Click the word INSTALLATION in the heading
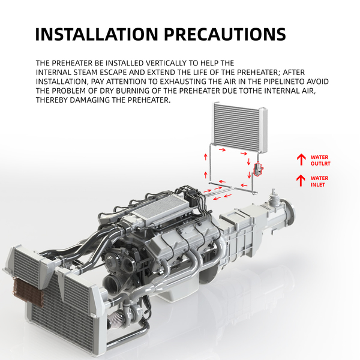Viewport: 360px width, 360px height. pos(97,34)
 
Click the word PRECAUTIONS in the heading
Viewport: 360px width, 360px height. pos(225,34)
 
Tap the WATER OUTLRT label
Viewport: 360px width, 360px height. pos(320,160)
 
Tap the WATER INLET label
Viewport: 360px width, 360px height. pos(319,181)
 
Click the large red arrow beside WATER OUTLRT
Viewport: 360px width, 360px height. pos(301,160)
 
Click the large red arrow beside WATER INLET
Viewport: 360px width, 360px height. pos(301,181)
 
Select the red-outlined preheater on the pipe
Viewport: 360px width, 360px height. pos(258,169)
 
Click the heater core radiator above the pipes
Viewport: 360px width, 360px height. pos(241,128)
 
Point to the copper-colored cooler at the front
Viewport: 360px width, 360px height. pos(28,292)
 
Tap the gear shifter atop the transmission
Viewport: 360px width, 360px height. pos(274,197)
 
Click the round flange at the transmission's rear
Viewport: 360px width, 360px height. pos(290,213)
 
